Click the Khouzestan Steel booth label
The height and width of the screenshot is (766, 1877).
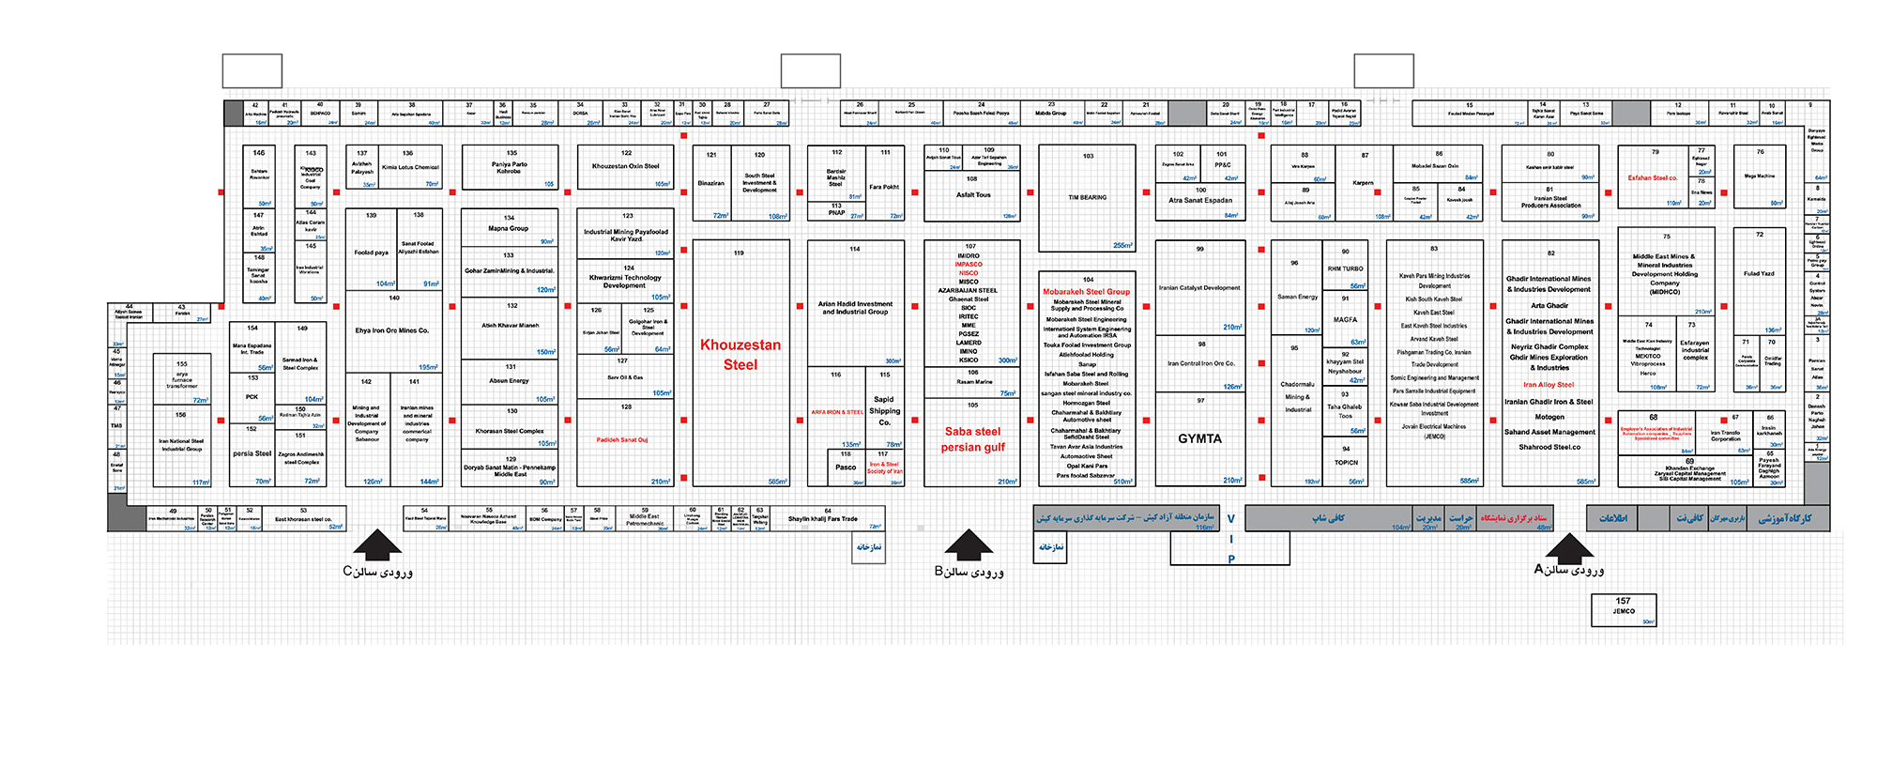click(x=740, y=355)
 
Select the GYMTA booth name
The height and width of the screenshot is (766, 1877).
click(x=1199, y=438)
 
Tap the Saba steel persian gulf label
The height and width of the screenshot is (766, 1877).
click(x=972, y=439)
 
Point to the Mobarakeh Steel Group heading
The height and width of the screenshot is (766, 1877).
click(x=1086, y=292)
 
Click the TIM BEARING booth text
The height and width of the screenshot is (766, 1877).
click(x=1087, y=197)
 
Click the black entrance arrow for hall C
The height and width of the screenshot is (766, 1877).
click(x=377, y=544)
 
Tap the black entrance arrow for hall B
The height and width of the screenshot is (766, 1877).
click(x=969, y=544)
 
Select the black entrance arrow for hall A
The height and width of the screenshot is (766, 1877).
click(x=1569, y=547)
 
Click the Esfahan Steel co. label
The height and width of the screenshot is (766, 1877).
click(x=1653, y=177)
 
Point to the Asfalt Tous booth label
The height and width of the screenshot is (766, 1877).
click(x=972, y=195)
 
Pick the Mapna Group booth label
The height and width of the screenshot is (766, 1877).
click(x=509, y=228)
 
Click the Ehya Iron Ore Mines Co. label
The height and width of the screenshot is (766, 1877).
click(x=391, y=330)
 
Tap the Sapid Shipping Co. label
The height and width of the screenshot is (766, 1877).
click(x=884, y=410)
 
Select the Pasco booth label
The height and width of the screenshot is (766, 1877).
click(x=846, y=467)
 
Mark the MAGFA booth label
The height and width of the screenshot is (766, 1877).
click(x=1345, y=320)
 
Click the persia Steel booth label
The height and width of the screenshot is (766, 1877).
click(x=252, y=453)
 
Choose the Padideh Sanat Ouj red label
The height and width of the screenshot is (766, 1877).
click(x=621, y=439)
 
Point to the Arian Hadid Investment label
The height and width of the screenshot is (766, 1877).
click(x=855, y=308)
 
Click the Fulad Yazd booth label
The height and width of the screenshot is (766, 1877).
click(x=1759, y=274)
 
